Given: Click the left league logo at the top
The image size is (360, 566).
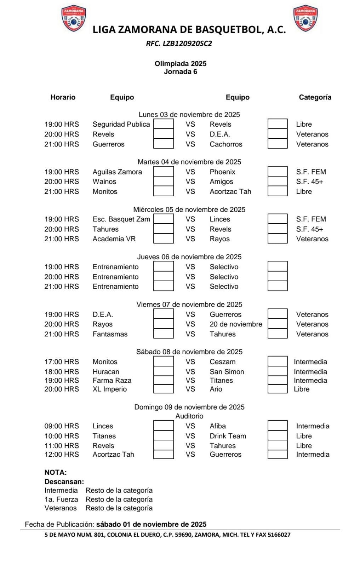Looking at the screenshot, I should tap(73, 18).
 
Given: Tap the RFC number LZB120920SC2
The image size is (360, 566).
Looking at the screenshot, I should tap(179, 44).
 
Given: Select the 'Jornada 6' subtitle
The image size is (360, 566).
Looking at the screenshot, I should tap(181, 72).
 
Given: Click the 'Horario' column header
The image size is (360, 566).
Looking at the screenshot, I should tap(63, 97).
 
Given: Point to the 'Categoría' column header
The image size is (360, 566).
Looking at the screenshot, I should tap(315, 97).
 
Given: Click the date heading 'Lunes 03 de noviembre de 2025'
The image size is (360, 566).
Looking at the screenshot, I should tap(189, 115).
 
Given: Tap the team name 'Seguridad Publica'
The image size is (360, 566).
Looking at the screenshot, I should tap(121, 124).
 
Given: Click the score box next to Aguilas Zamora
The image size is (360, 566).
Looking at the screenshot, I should tap(164, 172).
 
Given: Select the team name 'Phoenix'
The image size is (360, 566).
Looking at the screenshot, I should tap(222, 172).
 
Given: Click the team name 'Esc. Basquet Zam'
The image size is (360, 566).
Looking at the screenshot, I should tap(121, 219).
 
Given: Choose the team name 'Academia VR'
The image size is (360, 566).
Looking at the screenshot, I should tap(114, 239).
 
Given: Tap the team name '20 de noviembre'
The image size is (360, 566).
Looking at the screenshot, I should tap(236, 324).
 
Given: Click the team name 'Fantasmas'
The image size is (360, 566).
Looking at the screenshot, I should tap(110, 334).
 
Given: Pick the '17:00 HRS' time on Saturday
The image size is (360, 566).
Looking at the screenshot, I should tap(62, 362).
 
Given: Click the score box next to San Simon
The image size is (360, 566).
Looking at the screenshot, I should tap(278, 371).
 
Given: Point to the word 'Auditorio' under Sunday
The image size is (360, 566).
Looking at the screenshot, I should tap(189, 416).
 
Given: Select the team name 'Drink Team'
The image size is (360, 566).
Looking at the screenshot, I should tap(228, 436).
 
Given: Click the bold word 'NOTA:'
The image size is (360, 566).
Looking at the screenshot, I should tap(56, 472).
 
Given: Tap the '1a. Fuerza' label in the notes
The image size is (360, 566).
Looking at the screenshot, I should tap(61, 499).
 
